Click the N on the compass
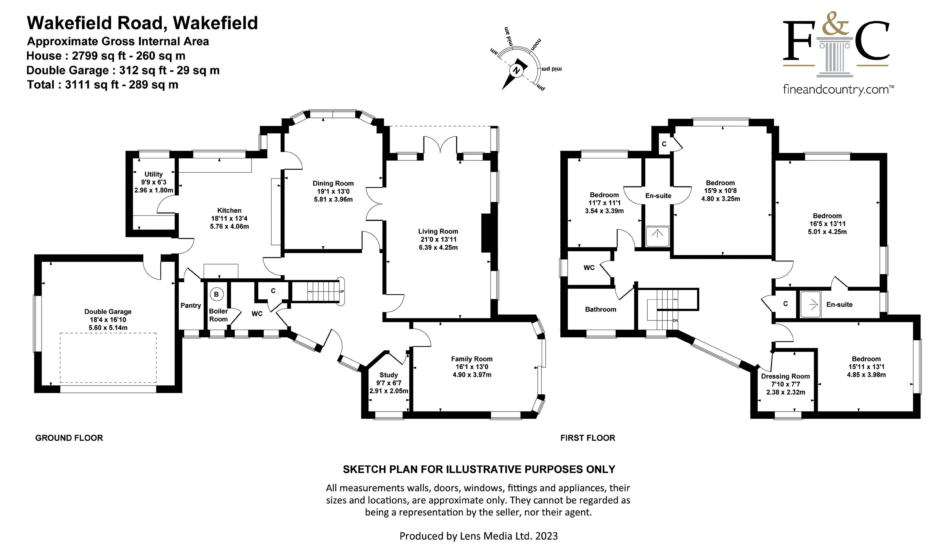point(517,71)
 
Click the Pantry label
point(191,306)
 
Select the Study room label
point(389,375)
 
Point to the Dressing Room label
point(785,376)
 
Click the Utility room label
point(153,175)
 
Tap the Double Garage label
point(108,312)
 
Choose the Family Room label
point(472,359)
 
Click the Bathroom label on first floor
point(600,310)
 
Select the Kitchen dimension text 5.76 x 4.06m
point(229,226)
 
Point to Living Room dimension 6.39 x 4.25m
point(438,247)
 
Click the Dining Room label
point(333,183)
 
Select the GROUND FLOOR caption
point(69,438)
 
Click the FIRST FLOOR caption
point(588,438)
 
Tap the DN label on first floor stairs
point(675,321)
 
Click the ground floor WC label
point(257,314)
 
